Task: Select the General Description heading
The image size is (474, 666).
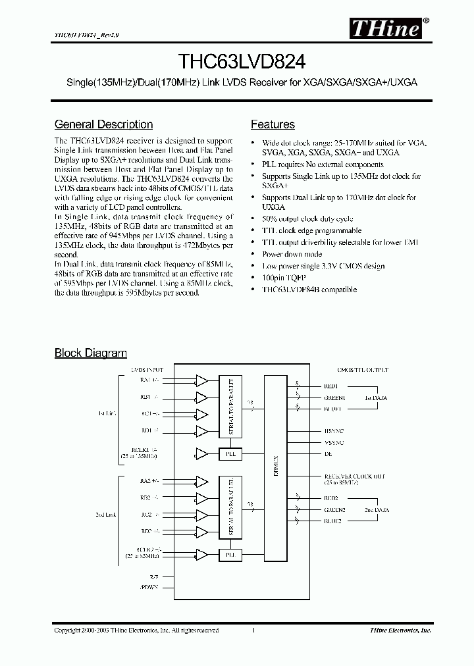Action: tap(103, 124)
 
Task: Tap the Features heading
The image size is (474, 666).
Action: tap(273, 124)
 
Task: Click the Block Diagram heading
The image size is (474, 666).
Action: tap(90, 353)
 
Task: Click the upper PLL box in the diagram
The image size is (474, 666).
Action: tap(229, 454)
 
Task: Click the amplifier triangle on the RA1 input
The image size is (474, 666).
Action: tap(201, 381)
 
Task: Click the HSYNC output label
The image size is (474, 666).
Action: tap(334, 430)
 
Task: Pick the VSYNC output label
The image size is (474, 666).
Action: tap(334, 443)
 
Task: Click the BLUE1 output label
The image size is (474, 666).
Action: tap(333, 409)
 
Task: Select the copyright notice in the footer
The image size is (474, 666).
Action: tap(136, 630)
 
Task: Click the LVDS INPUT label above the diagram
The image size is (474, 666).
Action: tap(147, 370)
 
